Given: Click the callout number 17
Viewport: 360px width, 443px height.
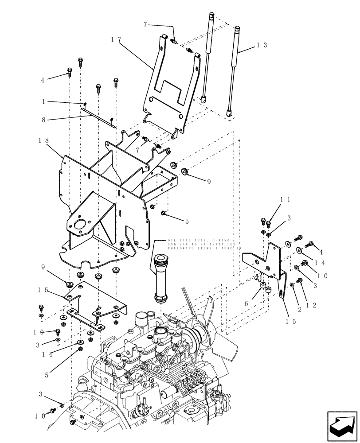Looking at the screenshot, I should (x=117, y=39).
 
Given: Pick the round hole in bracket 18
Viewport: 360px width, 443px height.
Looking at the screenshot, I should (x=80, y=225).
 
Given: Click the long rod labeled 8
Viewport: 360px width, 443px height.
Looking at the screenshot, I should (x=99, y=116).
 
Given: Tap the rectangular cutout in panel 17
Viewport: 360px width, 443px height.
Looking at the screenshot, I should (x=170, y=91).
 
